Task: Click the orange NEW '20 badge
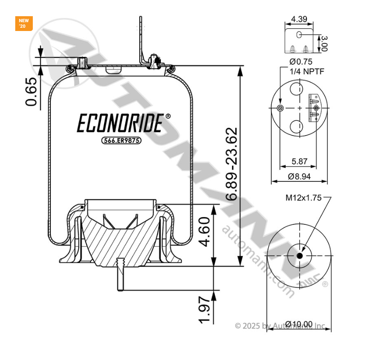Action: pyautogui.click(x=24, y=23)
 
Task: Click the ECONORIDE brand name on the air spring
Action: pyautogui.click(x=119, y=124)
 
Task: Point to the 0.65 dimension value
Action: pyautogui.click(x=31, y=92)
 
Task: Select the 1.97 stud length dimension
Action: pyautogui.click(x=206, y=311)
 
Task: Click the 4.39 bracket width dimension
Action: pyautogui.click(x=300, y=19)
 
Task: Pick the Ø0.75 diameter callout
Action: pyautogui.click(x=301, y=62)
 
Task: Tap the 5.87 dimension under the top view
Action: pyautogui.click(x=300, y=161)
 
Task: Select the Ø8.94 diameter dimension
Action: pyautogui.click(x=300, y=176)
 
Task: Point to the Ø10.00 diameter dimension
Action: pyautogui.click(x=299, y=324)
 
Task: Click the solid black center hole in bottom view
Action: pyautogui.click(x=300, y=256)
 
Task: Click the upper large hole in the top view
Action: pyautogui.click(x=296, y=89)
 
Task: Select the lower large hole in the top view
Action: pyautogui.click(x=296, y=126)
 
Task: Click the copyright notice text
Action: pyautogui.click(x=280, y=326)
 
